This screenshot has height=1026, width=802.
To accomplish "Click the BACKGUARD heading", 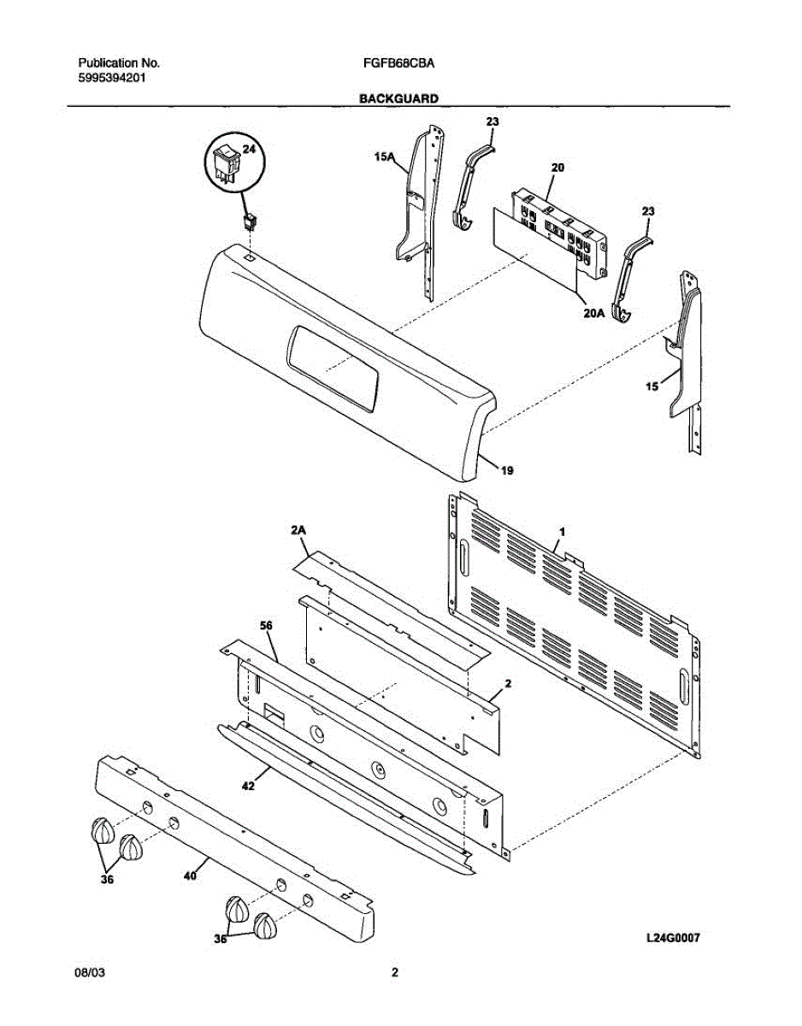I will coord(398,98).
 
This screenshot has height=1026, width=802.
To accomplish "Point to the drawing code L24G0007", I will coord(673,938).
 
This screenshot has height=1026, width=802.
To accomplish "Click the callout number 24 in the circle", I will coord(249,149).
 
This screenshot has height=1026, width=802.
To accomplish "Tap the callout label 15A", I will coord(383,156).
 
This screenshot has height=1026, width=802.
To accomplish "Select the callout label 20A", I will coord(594,313).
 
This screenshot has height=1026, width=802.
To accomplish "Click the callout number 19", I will coord(507,469).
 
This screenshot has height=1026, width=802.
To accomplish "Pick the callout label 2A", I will coord(298,531).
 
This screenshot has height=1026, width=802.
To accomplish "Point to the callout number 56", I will coord(266,626).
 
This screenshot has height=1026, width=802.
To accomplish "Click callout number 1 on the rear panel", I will coord(561,532).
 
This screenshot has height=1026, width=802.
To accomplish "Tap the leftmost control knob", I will coord(101,829).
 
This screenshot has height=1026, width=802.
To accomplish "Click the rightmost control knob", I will coord(266,926).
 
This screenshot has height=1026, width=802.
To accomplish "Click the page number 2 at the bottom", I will coord(394,972).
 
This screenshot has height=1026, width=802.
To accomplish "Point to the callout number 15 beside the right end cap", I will coord(652,386).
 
